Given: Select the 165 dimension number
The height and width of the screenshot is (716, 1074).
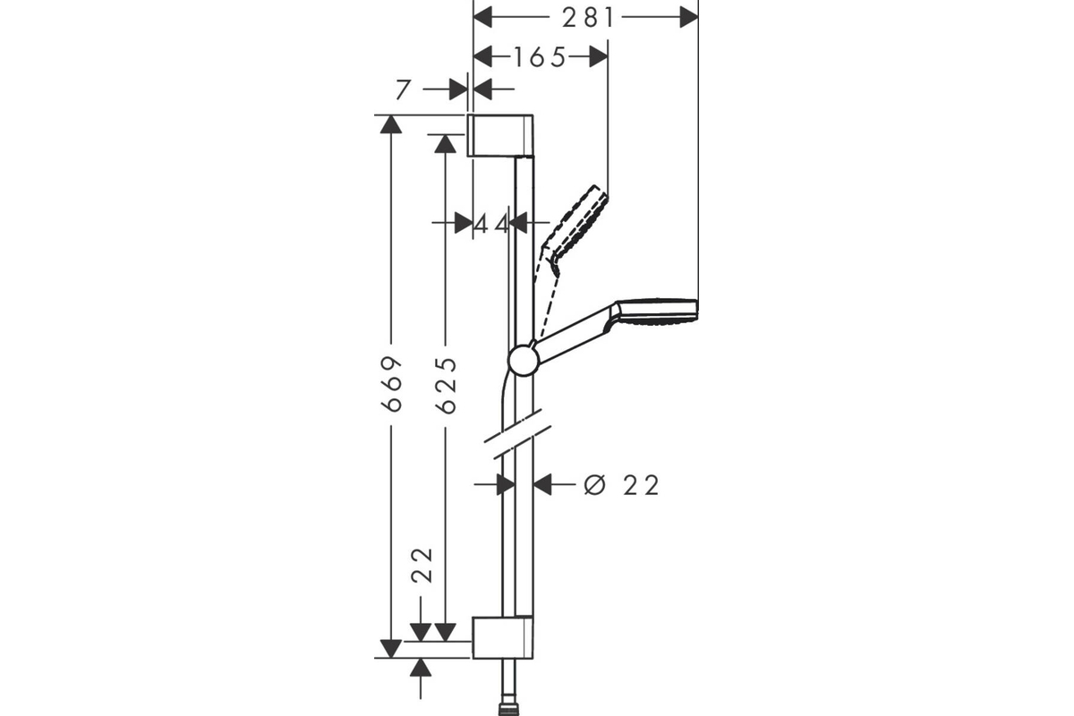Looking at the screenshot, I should coord(540,58).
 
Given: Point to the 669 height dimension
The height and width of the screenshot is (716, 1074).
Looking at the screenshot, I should coord(391,384).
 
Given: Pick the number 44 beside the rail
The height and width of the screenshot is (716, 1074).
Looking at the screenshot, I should coord(491,224).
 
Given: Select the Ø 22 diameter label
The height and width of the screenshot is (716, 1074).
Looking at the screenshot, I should coord(620,485).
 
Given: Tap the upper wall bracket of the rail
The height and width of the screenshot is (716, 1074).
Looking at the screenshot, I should coord(501,135).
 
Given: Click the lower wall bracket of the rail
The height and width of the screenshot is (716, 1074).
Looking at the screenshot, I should coord(501,637).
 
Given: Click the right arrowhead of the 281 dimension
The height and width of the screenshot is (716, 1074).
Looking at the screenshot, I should coord(689,17).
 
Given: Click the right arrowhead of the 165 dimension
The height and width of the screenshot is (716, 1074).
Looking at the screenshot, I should coord(600,57).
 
